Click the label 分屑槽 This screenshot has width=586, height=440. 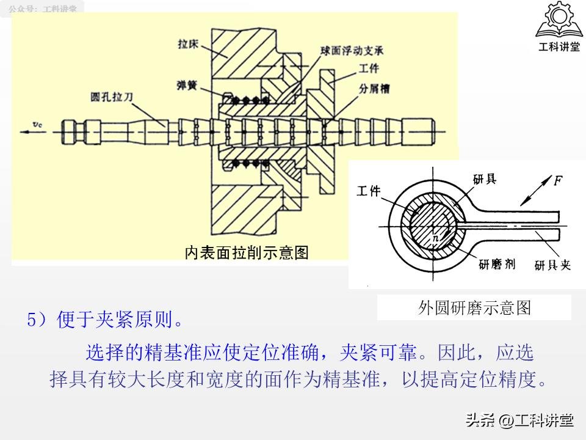[375, 89]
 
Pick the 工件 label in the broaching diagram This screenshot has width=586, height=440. [369, 70]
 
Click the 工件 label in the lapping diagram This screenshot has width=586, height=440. [368, 191]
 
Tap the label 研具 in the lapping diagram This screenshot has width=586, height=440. [484, 178]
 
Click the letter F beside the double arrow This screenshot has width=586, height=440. [558, 180]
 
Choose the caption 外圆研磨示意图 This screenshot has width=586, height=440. [474, 307]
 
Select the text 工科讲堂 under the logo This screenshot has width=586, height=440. [559, 46]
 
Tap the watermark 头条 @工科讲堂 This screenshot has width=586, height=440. [519, 420]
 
